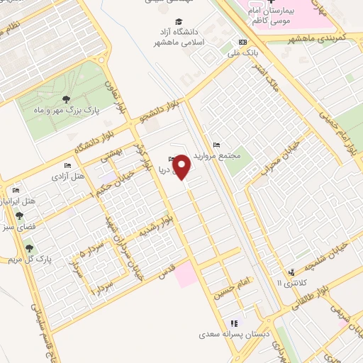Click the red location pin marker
183,167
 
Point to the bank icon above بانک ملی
243,41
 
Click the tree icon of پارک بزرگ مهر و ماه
66,99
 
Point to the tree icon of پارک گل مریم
29,248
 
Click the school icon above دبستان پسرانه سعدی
234,323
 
